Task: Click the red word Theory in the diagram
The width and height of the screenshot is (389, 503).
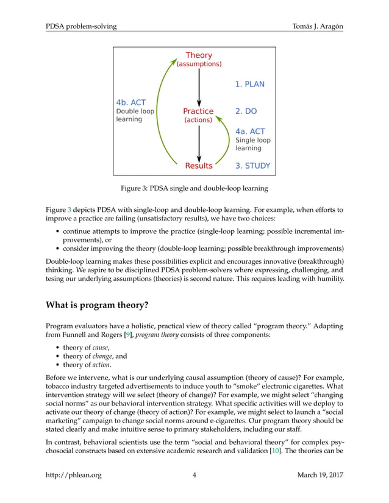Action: pos(199,55)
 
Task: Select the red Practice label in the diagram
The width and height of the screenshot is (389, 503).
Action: pos(198,111)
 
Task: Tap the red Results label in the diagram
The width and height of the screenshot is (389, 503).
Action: pos(199,166)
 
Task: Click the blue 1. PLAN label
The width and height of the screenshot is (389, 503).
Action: pos(250,84)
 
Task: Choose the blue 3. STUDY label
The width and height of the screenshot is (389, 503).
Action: pos(252,166)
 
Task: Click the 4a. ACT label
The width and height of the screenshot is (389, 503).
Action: pos(250,131)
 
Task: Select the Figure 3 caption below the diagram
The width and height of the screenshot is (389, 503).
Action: pos(194,188)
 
